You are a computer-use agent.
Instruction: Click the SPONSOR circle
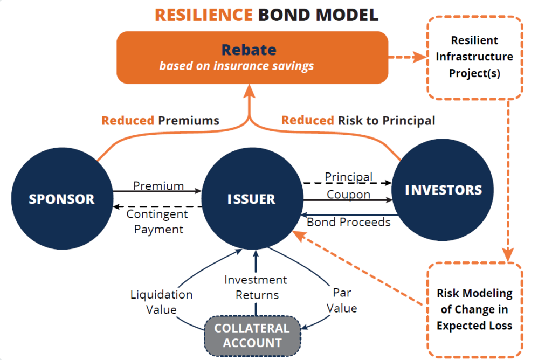pos(61,198)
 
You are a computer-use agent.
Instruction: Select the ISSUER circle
pos(251,198)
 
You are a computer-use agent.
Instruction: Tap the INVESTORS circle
pos(443,190)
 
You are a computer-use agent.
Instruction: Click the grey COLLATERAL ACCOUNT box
pos(252,335)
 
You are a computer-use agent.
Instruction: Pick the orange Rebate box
pos(252,57)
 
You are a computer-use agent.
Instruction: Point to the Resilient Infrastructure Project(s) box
pos(474,57)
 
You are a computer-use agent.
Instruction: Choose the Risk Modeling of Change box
pos(474,309)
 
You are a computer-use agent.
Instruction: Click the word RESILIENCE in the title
pos(203,14)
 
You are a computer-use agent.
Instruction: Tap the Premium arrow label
pos(158,186)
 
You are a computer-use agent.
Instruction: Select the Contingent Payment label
pos(157,221)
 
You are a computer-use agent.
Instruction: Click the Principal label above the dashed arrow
pos(348,177)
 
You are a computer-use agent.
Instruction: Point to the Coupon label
pos(348,194)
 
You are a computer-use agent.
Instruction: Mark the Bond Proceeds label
pos(348,221)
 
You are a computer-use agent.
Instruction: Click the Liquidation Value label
pos(161,302)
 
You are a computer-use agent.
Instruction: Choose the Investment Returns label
pos(256,287)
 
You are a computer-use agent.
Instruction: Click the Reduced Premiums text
pos(160,120)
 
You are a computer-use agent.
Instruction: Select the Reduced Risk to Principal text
pos(358,120)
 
